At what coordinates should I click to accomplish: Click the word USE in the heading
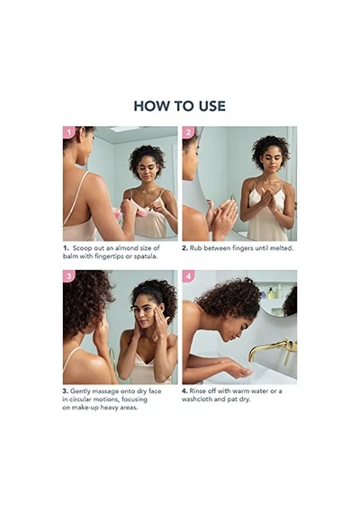211,106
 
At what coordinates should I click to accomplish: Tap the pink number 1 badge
68,132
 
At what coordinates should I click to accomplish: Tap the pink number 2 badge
188,132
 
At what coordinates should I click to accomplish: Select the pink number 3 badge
68,276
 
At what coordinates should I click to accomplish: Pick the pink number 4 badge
188,276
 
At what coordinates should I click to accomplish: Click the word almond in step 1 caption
126,248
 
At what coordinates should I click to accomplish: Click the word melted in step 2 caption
282,248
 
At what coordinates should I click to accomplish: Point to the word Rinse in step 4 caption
198,391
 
